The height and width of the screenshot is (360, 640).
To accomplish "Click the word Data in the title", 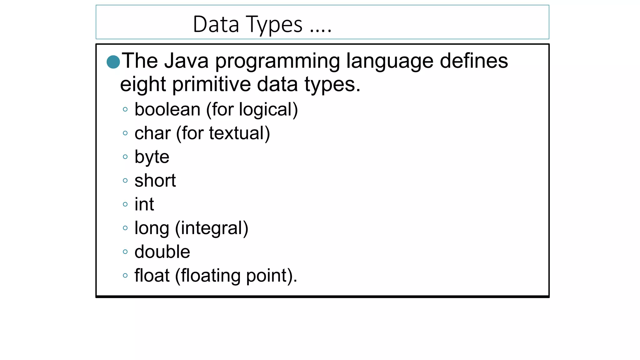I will coord(216,24).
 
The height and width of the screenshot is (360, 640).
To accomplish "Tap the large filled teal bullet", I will coord(113,62).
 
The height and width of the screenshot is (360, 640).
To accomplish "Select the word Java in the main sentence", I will coord(187,61).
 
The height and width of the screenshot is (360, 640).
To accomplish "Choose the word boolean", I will coord(167,109).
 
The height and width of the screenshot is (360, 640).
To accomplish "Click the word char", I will coord(152,133).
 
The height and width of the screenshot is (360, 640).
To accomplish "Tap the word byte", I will coord(152,157).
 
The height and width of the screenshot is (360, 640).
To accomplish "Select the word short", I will coord(155,181).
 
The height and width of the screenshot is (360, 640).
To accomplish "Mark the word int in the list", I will coord(144,204).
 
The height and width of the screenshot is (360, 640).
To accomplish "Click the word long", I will coord(152,228).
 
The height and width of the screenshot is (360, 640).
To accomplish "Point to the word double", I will coord(162,252).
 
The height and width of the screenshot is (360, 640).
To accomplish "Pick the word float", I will coord(152,275).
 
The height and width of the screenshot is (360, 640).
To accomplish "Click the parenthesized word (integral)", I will coord(212,228).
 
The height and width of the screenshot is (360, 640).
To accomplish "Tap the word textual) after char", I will coord(239,133).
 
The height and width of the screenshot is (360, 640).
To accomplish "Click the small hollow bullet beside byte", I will coord(125,157).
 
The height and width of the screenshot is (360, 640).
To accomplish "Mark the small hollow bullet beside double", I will coord(125,252).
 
